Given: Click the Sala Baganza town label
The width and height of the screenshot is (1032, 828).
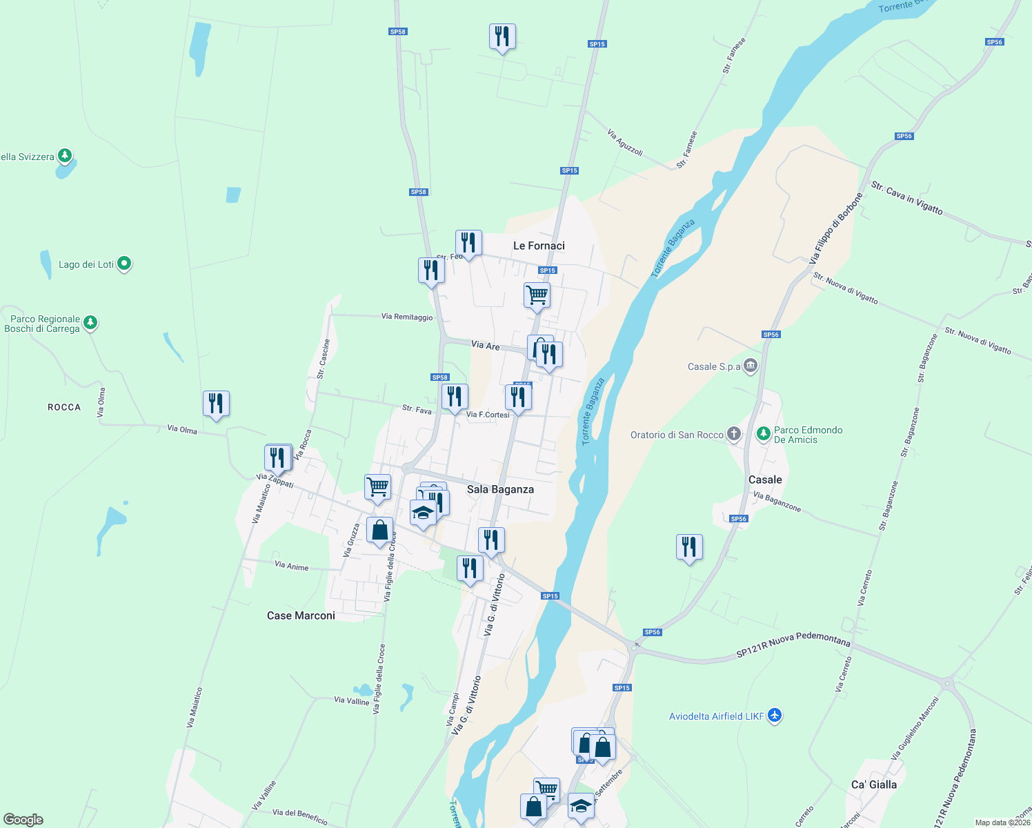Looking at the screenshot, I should tap(500, 489).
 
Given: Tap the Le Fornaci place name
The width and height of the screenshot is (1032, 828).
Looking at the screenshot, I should tap(539, 246).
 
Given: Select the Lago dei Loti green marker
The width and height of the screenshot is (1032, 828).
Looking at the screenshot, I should tap(124, 263).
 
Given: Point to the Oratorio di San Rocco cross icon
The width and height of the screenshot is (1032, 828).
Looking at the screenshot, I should tap(734, 434).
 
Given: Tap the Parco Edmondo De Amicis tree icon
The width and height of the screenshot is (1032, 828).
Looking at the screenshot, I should tap(763, 433).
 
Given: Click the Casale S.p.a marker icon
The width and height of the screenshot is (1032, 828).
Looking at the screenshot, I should tap(751, 366).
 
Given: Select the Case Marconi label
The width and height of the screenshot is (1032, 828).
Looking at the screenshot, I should tap(301, 615).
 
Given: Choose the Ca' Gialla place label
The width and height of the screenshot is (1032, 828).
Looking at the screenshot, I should tap(874, 785).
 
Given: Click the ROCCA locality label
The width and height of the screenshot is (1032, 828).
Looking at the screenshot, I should tap(64, 407).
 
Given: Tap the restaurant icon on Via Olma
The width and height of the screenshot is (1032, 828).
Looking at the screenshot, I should tap(216, 404).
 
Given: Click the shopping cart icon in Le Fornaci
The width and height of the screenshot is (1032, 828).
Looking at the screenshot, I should tap(537, 295).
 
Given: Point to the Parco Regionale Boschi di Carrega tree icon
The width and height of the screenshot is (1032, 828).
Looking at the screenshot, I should tap(90, 322).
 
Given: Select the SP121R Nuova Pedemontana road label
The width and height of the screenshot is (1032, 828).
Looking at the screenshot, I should tap(793, 644).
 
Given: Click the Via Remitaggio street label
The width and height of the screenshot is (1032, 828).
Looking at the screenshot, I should tap(407, 317).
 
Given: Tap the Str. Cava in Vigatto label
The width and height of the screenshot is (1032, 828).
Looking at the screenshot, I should tap(906, 197).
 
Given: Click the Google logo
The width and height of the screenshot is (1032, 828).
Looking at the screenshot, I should tap(23, 820).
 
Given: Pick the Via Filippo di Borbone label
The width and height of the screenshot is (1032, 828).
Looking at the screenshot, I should tap(836, 228).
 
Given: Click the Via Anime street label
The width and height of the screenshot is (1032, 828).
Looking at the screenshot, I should tap(292, 566).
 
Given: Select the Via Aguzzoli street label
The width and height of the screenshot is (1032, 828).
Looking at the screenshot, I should tap(626, 141).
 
